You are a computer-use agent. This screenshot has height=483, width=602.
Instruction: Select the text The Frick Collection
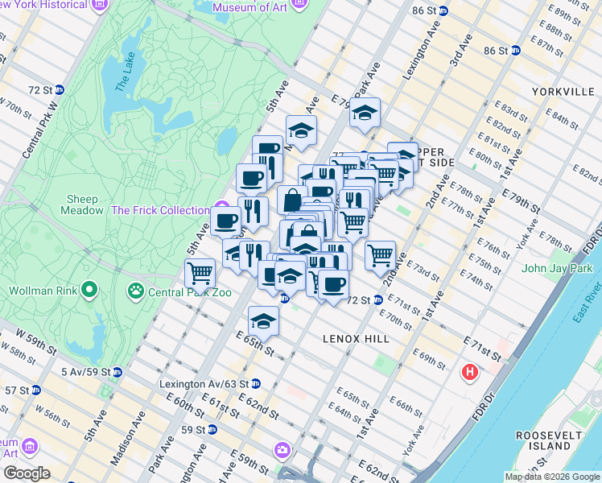(x=160, y=210)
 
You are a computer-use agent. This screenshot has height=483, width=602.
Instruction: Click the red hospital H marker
(x=469, y=373)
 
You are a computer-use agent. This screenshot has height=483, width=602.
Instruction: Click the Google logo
(x=26, y=473)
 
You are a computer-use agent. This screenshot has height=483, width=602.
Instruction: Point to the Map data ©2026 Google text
(x=552, y=477)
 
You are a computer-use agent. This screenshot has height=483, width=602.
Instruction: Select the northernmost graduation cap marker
(x=365, y=113)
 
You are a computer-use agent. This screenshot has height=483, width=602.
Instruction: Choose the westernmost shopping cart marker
(x=200, y=273)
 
